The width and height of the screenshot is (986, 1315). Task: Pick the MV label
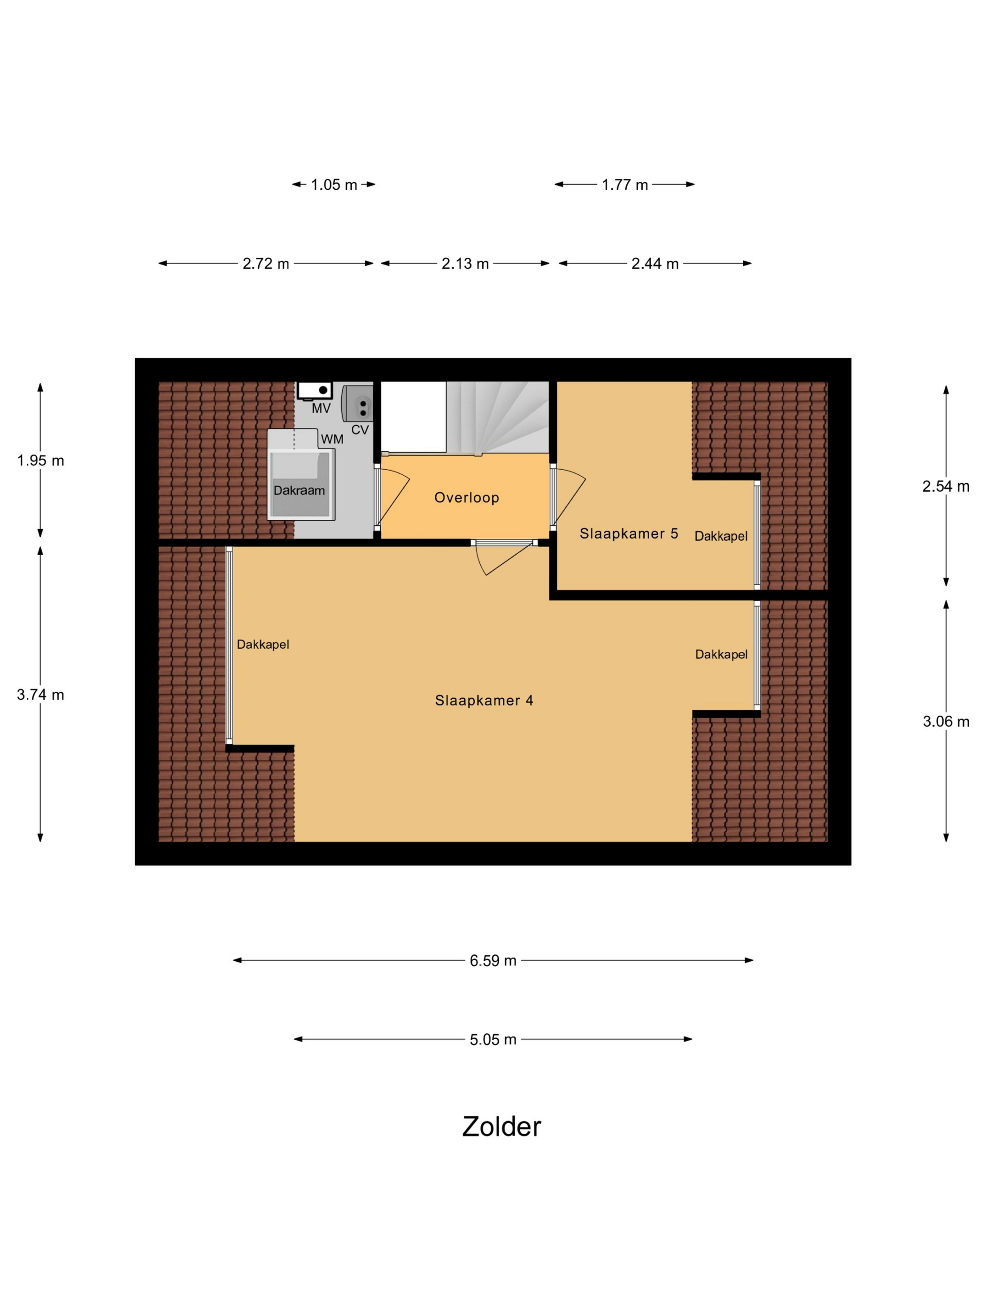(321, 409)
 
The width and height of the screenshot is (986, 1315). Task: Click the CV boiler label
(360, 430)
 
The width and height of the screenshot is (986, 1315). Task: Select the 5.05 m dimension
(493, 1040)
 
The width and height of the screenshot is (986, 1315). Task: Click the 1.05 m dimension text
(334, 185)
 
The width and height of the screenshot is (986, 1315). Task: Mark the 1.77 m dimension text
(624, 185)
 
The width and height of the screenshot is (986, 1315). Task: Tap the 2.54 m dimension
(946, 486)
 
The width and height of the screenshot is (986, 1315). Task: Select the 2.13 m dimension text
(465, 264)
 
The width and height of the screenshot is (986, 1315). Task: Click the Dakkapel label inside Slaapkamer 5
(721, 536)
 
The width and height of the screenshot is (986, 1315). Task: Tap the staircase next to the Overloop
(497, 418)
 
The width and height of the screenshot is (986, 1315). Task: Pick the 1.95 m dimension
(40, 460)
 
